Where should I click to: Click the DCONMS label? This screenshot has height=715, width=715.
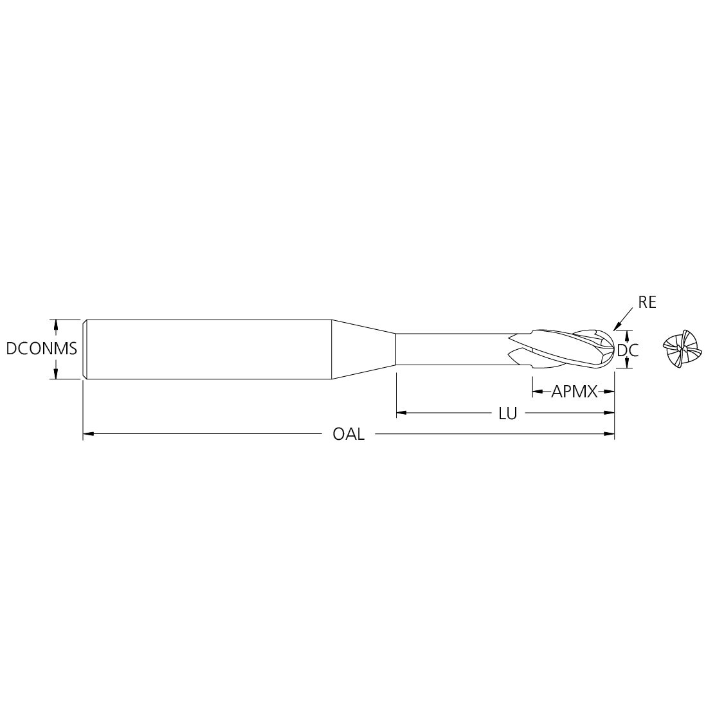42,349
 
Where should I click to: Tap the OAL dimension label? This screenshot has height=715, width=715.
349,434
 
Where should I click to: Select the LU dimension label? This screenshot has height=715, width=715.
507,413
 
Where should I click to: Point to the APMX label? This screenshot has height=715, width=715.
574,392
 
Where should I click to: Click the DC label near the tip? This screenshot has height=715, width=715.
628,350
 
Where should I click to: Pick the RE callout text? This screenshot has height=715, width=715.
647,303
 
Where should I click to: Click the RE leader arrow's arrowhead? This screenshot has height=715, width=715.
617,327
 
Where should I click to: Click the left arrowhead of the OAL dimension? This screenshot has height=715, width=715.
88,434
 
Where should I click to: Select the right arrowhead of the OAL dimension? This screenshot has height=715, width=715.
609,434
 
